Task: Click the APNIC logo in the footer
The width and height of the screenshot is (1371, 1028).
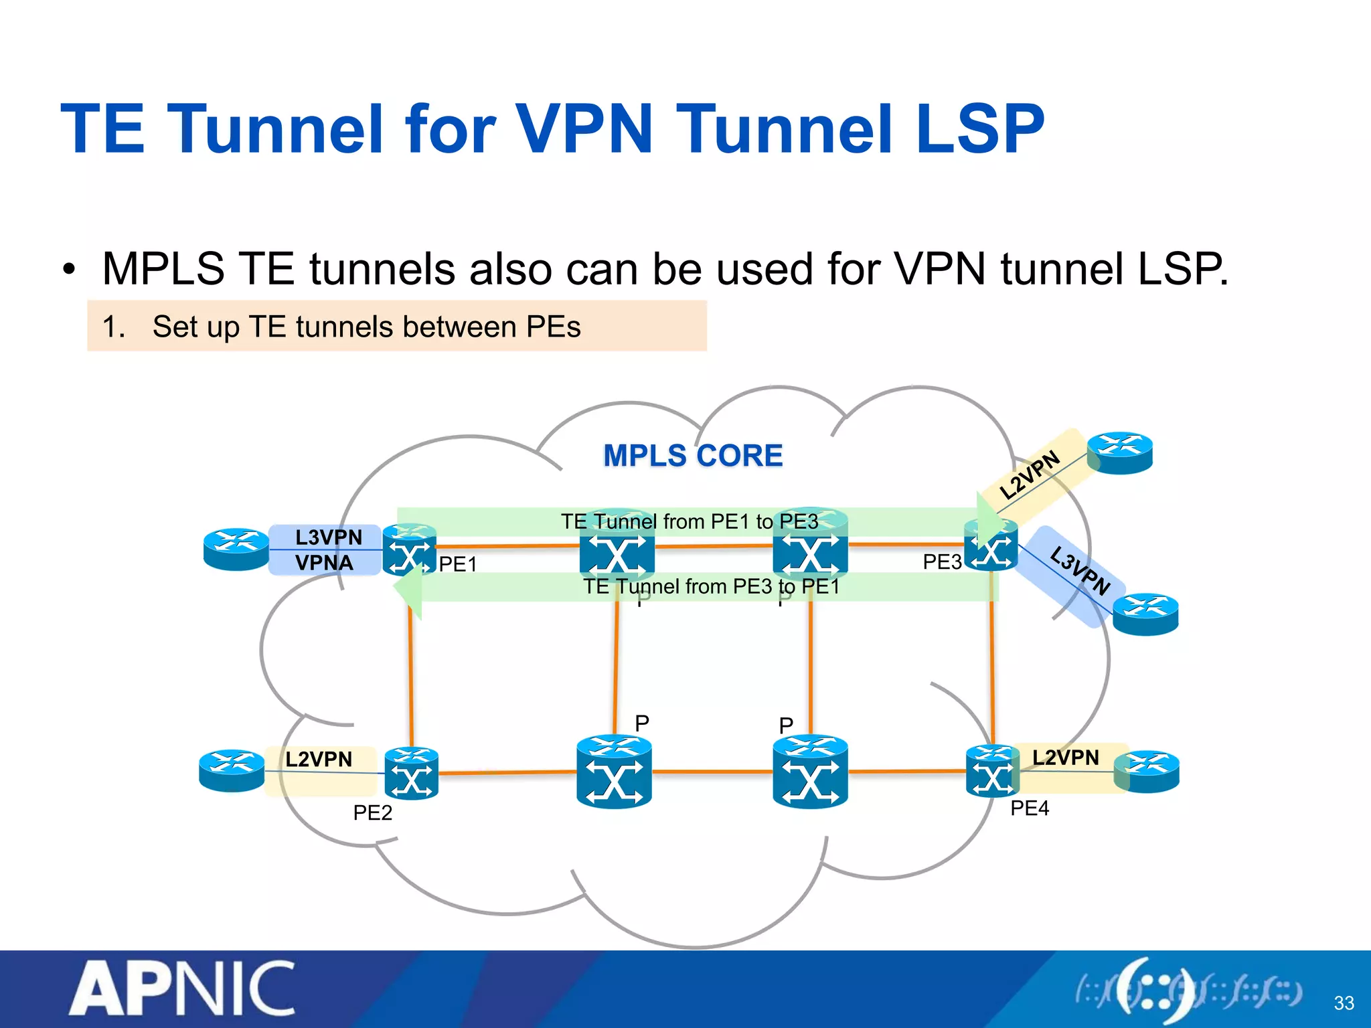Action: pos(182,988)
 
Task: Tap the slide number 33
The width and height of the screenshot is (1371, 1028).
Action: pos(1343,1003)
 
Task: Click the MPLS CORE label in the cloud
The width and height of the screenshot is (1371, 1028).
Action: pos(693,456)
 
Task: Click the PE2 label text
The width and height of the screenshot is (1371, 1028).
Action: pos(372,812)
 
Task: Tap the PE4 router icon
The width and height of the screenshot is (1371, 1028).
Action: pos(992,772)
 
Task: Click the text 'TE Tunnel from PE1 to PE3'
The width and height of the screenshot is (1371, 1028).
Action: pos(690,521)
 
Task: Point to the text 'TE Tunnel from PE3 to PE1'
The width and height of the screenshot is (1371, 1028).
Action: pos(711,586)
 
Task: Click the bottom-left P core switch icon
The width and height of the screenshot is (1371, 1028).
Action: pos(614,772)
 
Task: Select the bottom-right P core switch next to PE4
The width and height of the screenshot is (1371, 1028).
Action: pos(810,772)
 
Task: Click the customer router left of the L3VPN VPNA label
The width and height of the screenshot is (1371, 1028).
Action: pos(236,549)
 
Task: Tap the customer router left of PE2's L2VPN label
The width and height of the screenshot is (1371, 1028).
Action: pos(232,770)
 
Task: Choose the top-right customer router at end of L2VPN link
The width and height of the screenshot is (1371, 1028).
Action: pos(1119,452)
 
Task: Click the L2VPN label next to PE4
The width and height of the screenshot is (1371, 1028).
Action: pos(1065,758)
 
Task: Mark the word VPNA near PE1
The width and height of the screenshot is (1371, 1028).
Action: pos(324,563)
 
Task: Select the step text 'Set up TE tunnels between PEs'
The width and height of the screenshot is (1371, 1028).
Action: pos(366,327)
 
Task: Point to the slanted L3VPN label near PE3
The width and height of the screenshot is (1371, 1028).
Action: pos(1079,570)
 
